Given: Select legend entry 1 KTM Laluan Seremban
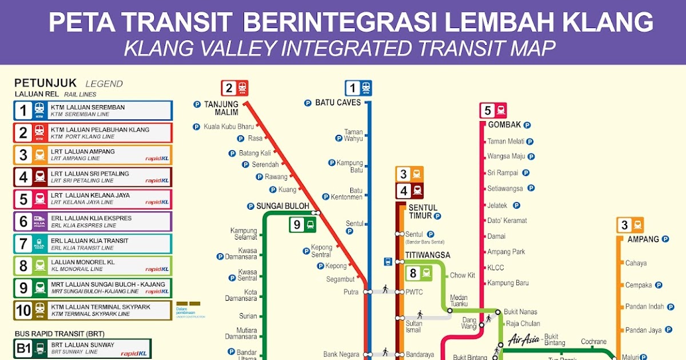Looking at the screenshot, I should pyautogui.click(x=93, y=110).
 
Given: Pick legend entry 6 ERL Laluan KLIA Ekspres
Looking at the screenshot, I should pyautogui.click(x=93, y=221).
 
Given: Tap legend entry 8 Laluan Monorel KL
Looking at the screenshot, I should pyautogui.click(x=93, y=266).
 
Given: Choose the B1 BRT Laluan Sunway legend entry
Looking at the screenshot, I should pyautogui.click(x=83, y=349).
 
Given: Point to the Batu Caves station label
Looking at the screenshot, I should pyautogui.click(x=338, y=103).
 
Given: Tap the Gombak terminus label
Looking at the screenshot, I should pyautogui.click(x=504, y=125).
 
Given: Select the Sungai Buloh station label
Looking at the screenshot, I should pyautogui.click(x=282, y=206).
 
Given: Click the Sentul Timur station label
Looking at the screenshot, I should pyautogui.click(x=422, y=211).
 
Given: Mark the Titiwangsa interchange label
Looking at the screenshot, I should pyautogui.click(x=428, y=255).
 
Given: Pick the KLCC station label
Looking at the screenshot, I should pyautogui.click(x=496, y=267).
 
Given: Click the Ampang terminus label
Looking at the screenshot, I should pyautogui.click(x=643, y=239).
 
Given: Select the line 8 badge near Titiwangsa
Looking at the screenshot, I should pyautogui.click(x=419, y=274).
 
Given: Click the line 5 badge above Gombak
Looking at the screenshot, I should pyautogui.click(x=493, y=110).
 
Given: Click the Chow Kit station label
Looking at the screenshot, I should pyautogui.click(x=462, y=275).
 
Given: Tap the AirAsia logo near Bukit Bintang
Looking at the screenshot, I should pyautogui.click(x=523, y=339).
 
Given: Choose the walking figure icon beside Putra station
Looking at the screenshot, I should pyautogui.click(x=385, y=289).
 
